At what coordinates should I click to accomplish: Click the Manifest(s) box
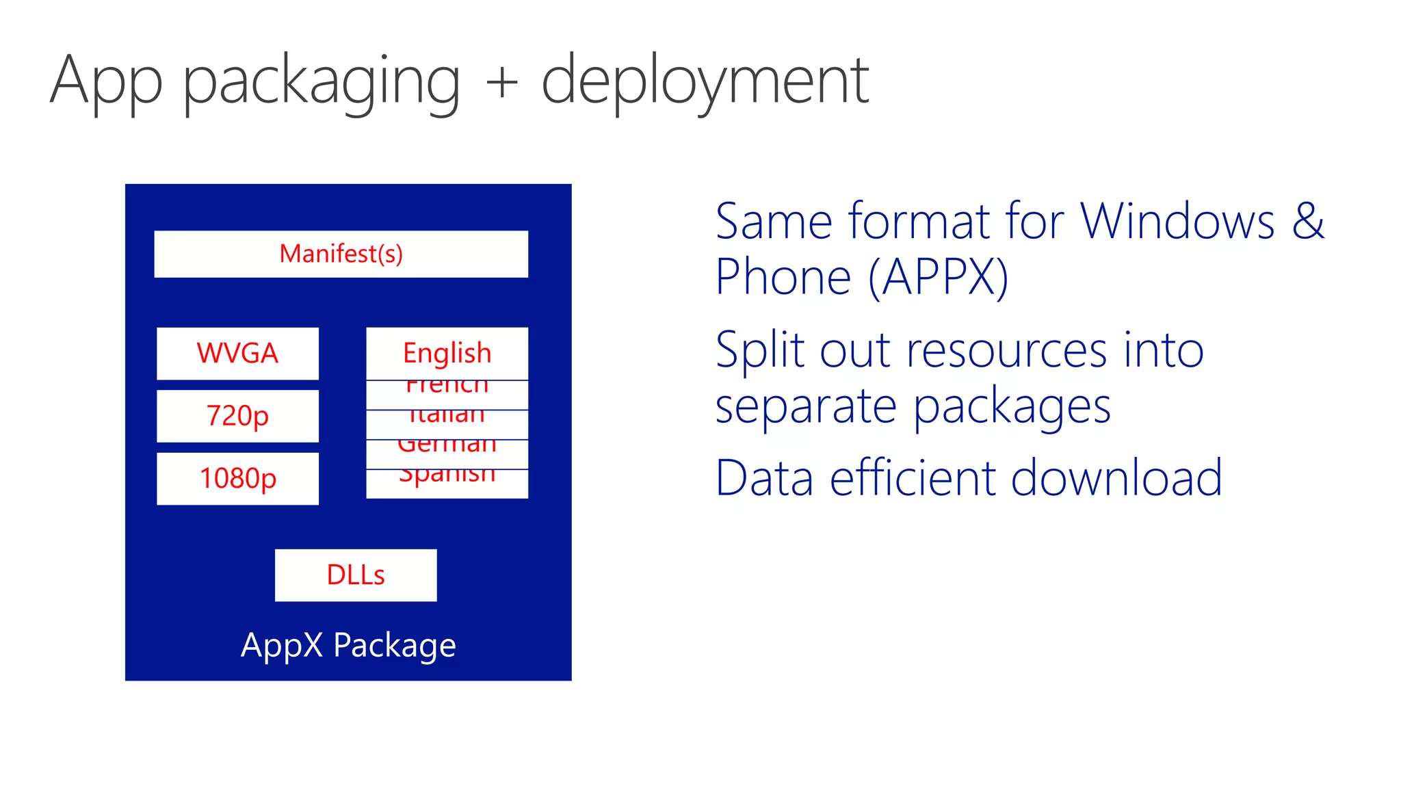[341, 254]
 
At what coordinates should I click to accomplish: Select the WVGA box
[237, 353]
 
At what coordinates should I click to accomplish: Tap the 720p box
[237, 416]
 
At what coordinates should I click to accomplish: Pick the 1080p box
[237, 478]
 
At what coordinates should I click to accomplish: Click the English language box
[447, 353]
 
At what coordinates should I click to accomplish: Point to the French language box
[447, 395]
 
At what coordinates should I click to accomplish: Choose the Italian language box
[447, 424]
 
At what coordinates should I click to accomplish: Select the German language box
[447, 454]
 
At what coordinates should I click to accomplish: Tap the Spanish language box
[447, 483]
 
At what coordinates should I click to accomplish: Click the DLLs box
[356, 575]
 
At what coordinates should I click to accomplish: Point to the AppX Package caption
[348, 644]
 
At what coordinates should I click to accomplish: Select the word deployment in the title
[705, 82]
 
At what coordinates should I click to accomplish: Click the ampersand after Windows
[1308, 221]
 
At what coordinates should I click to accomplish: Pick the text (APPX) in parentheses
[939, 277]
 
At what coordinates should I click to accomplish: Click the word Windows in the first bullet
[1177, 221]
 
